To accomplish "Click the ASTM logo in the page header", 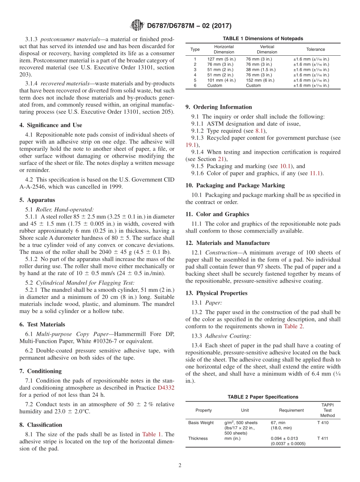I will [137, 25].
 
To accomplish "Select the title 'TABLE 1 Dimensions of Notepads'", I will [263, 39].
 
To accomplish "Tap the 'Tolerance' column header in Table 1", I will [315, 49].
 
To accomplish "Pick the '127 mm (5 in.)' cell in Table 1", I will [221, 59].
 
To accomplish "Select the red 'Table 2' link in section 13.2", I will [293, 326].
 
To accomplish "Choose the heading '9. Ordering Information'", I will [219, 107].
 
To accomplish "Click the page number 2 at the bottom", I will [180, 465].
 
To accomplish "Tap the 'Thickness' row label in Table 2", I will [198, 438].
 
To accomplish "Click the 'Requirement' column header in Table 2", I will [291, 410].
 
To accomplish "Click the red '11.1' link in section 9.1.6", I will [315, 173].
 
